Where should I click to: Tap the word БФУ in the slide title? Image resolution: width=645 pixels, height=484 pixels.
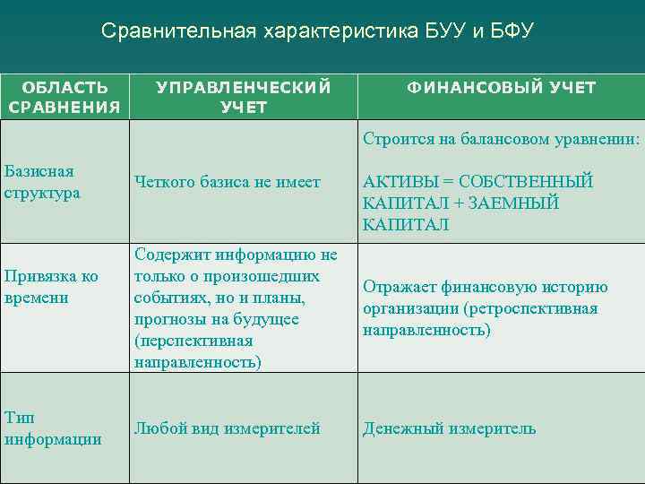tap(510, 32)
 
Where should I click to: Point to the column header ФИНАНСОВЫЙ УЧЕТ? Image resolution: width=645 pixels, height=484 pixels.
tap(502, 88)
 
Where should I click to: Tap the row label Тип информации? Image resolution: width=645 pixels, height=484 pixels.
tap(53, 428)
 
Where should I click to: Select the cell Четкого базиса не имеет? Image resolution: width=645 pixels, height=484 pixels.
tap(227, 182)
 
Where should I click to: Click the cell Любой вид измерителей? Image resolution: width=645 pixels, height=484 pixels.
tap(227, 428)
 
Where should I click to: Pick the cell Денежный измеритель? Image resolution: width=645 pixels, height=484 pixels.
tap(449, 428)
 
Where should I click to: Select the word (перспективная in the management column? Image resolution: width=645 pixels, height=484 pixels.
tap(193, 341)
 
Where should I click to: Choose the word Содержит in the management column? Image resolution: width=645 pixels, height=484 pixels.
tap(172, 255)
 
